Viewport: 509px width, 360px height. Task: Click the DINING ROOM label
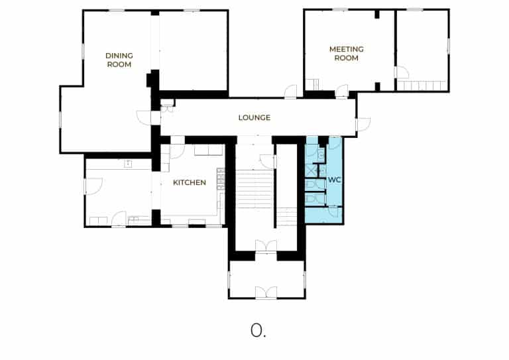(x=119, y=60)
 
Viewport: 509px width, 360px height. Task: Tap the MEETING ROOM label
(x=347, y=54)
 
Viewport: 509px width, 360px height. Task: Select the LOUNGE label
(x=254, y=117)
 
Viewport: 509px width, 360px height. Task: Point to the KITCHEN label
(x=190, y=182)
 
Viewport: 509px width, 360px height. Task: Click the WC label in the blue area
(x=334, y=180)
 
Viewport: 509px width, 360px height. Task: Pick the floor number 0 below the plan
(x=256, y=330)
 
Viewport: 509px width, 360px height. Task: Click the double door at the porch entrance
(x=266, y=292)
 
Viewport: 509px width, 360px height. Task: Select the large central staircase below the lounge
(x=254, y=189)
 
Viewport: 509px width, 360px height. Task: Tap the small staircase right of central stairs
(x=286, y=217)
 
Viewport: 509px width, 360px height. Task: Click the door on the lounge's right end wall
(x=364, y=124)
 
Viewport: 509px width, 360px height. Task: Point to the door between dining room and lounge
(x=144, y=117)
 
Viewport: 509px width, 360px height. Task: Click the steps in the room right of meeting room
(x=422, y=86)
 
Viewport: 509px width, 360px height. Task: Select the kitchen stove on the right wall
(x=221, y=178)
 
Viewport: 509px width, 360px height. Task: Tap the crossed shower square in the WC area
(x=311, y=171)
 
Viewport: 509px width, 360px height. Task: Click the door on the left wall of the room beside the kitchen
(x=94, y=186)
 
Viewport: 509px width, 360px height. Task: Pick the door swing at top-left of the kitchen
(x=177, y=151)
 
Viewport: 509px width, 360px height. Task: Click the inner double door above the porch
(x=266, y=246)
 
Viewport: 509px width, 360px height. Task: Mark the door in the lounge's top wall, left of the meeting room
(x=290, y=91)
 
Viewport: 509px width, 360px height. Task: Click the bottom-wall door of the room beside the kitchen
(x=119, y=219)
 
